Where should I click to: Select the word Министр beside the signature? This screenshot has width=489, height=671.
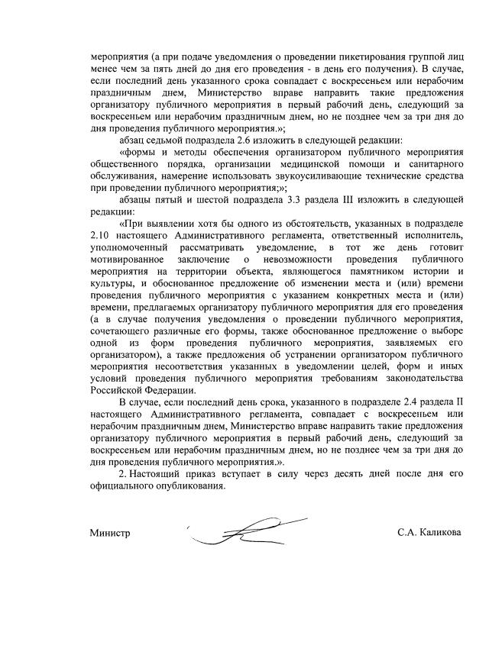coord(110,532)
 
